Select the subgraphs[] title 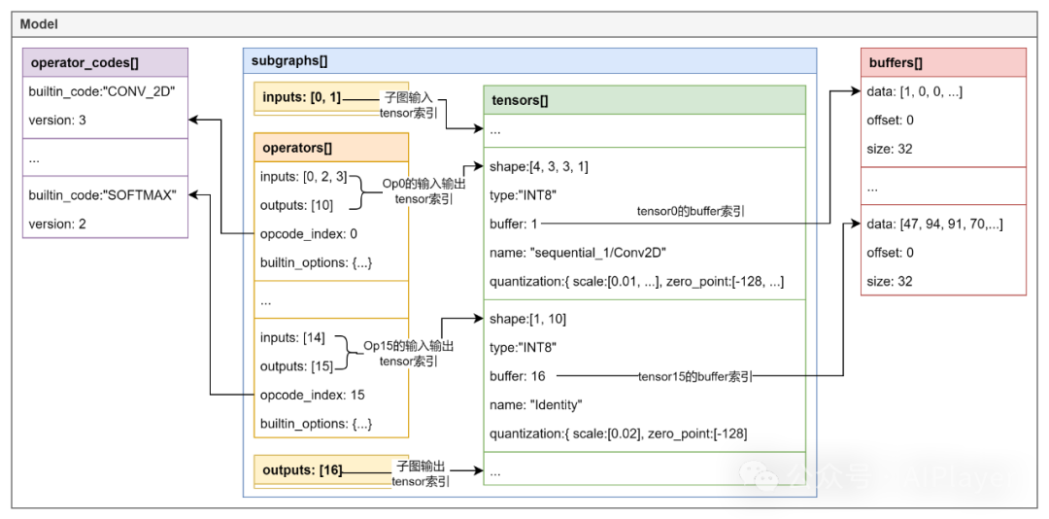click(289, 61)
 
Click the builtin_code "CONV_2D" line click(102, 91)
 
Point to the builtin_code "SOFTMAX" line click(102, 195)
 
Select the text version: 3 click(57, 121)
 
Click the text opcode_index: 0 click(310, 234)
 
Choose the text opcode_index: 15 click(313, 396)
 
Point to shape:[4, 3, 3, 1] click(539, 167)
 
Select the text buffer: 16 click(518, 376)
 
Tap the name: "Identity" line click(536, 405)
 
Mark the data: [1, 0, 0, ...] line click(915, 91)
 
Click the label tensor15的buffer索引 click(695, 377)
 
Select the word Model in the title click(39, 24)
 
